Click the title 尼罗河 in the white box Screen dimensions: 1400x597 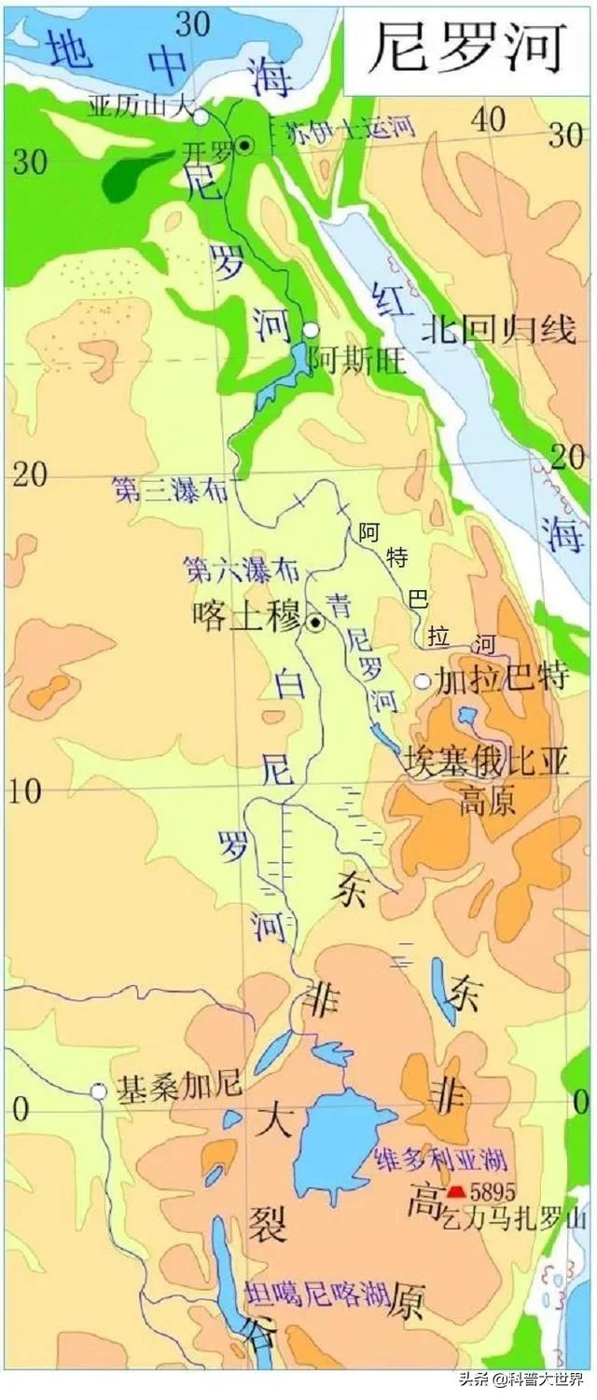(x=467, y=48)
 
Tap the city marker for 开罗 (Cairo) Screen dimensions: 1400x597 (x=244, y=144)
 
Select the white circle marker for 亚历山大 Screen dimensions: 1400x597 (x=201, y=117)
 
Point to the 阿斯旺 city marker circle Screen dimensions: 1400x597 (x=311, y=330)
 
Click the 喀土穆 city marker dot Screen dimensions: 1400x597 (x=315, y=623)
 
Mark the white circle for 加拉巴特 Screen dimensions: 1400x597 (x=423, y=681)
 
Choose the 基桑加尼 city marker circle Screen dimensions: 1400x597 (x=98, y=1091)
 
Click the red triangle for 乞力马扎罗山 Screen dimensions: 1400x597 (x=456, y=1191)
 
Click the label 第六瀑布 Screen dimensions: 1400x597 (x=229, y=567)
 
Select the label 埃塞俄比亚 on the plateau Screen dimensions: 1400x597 (x=488, y=764)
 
